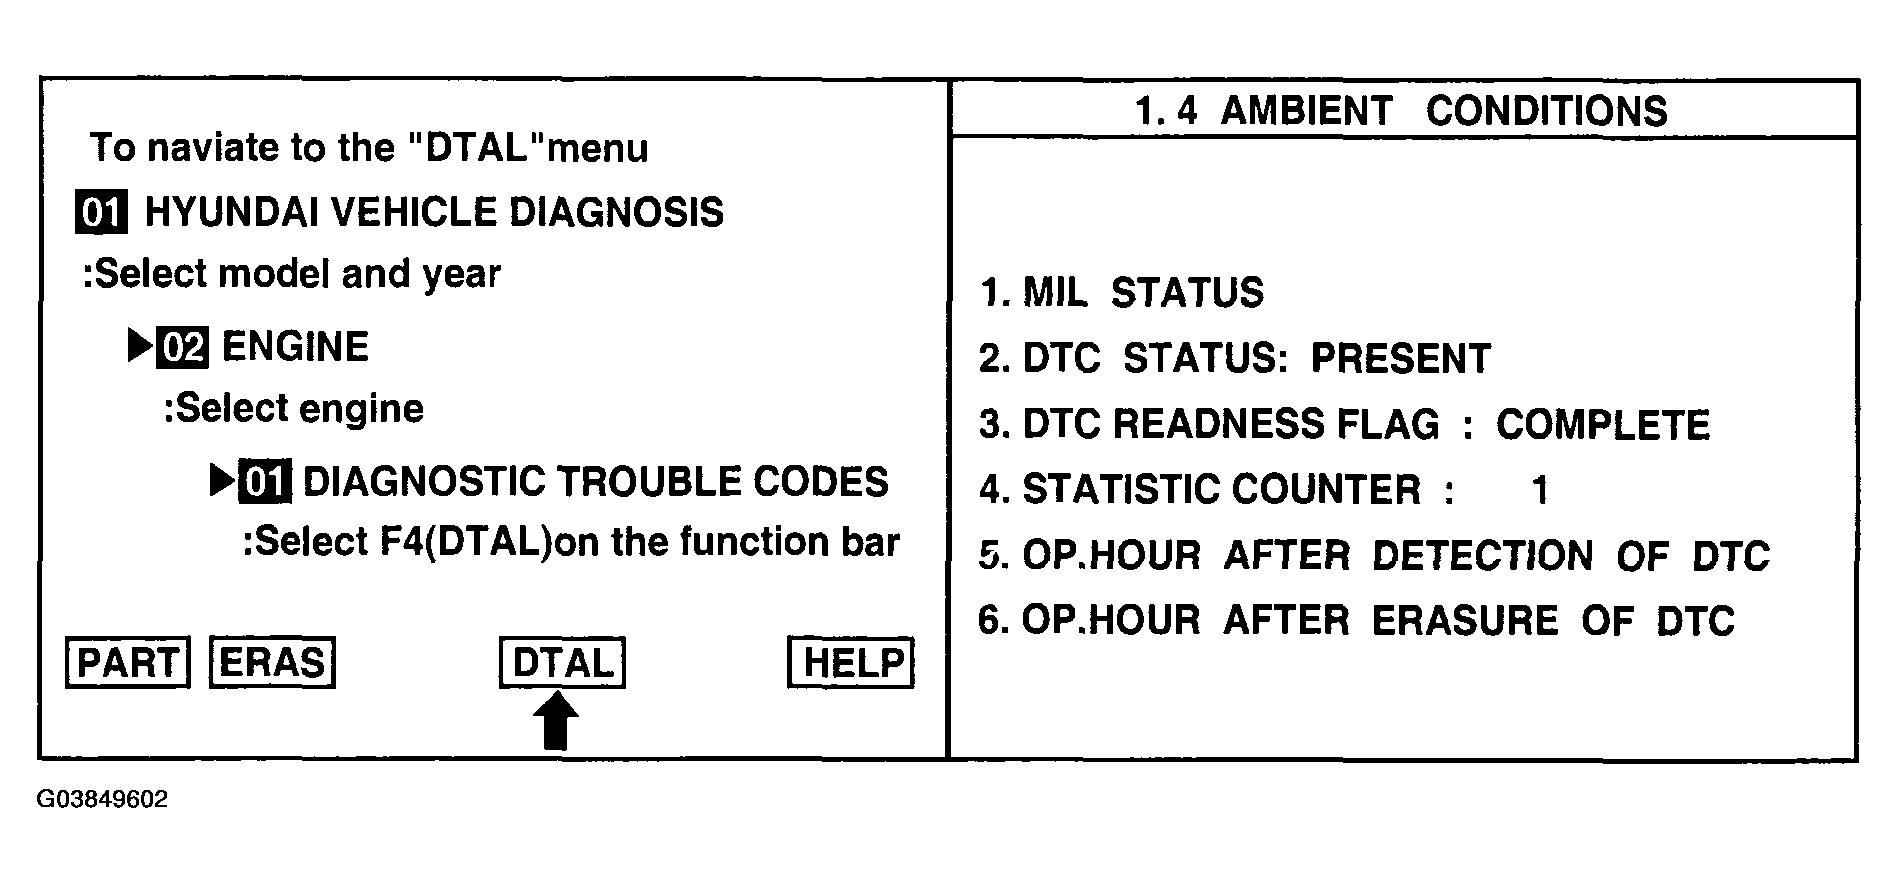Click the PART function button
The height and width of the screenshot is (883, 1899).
tap(128, 663)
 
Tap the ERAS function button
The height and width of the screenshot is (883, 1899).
tap(272, 663)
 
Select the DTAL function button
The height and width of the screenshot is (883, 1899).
tap(562, 663)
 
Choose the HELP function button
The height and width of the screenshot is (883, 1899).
tap(851, 663)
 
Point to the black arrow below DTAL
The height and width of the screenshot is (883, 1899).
tap(557, 722)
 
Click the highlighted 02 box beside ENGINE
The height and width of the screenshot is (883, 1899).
tap(183, 347)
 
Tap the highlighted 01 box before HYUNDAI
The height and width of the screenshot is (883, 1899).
tap(101, 213)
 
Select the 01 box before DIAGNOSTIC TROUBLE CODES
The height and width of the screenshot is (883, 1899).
tap(265, 482)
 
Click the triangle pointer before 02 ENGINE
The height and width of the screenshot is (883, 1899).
tap(140, 346)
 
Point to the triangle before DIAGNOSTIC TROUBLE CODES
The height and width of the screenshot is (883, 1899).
tap(222, 481)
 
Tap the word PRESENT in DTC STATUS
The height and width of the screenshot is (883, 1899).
tap(1400, 359)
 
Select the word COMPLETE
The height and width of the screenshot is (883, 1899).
tap(1602, 425)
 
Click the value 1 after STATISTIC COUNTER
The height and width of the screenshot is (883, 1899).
tap(1540, 490)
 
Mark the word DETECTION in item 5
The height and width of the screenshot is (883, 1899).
tap(1482, 556)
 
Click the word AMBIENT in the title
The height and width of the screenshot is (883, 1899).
tap(1306, 110)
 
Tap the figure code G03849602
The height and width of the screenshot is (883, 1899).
tap(103, 800)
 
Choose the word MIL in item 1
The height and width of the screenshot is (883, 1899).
tap(1053, 293)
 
